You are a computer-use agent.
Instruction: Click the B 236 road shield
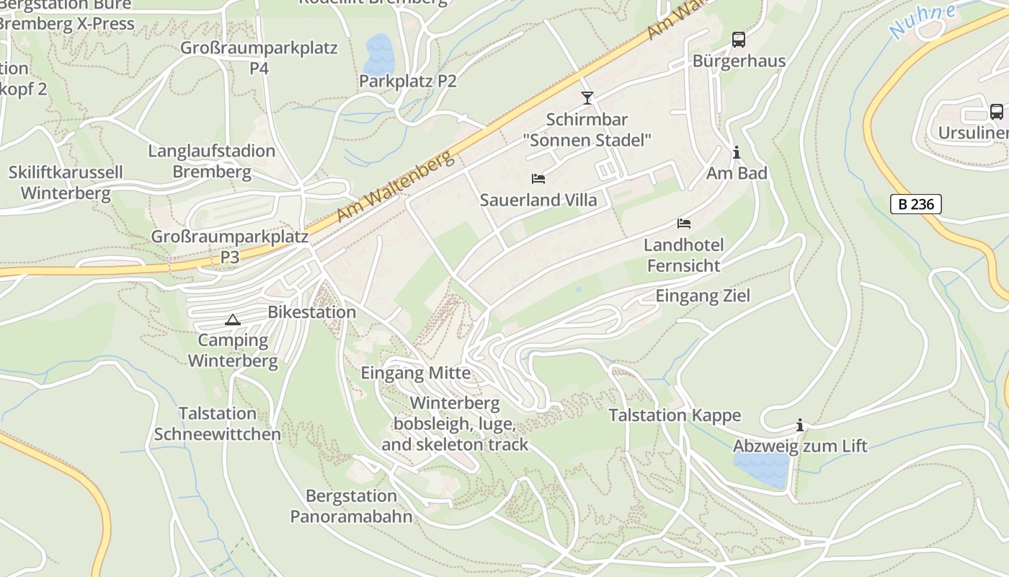[x=915, y=204]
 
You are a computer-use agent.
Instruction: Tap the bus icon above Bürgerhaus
[x=738, y=40]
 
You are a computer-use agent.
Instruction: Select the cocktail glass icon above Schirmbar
[x=587, y=97]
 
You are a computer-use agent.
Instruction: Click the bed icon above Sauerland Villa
[x=538, y=178]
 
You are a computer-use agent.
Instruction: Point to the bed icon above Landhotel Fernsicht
[x=683, y=224]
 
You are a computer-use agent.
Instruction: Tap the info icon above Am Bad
[x=736, y=152]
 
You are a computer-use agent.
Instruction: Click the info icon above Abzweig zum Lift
[x=799, y=425]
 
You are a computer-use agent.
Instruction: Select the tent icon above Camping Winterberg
[x=232, y=320]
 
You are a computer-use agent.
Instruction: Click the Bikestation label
[x=311, y=312]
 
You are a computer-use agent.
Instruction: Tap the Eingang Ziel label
[x=702, y=296]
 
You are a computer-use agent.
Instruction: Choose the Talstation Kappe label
[x=675, y=415]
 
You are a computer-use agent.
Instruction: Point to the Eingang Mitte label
[x=415, y=373]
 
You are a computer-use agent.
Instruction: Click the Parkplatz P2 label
[x=407, y=81]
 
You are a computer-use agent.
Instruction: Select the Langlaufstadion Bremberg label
[x=212, y=162]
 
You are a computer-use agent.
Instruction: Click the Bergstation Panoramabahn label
[x=351, y=506]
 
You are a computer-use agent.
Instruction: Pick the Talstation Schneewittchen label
[x=217, y=424]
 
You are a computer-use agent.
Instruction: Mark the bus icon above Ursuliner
[x=996, y=112]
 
